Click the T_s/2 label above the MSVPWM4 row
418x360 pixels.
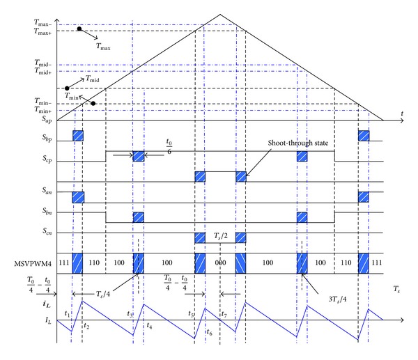(220, 241)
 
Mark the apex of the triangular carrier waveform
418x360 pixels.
(220, 14)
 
